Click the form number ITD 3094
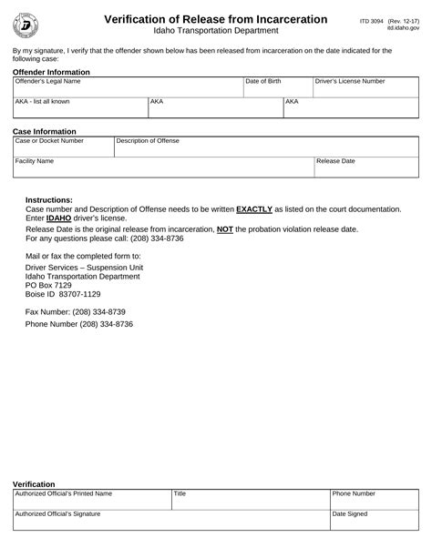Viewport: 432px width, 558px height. pos(370,18)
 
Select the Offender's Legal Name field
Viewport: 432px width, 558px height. pos(128,87)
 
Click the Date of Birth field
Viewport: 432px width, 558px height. pos(277,87)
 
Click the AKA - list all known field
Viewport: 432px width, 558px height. pos(80,108)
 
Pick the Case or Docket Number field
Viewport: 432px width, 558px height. pos(63,147)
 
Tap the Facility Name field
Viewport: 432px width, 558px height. pos(162,167)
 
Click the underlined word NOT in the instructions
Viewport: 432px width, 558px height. pos(224,228)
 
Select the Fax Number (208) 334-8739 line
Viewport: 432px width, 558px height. pos(75,311)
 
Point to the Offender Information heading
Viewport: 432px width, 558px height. pos(51,71)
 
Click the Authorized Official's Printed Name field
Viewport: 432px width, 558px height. pos(91,500)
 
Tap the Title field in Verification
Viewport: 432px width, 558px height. pos(250,500)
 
